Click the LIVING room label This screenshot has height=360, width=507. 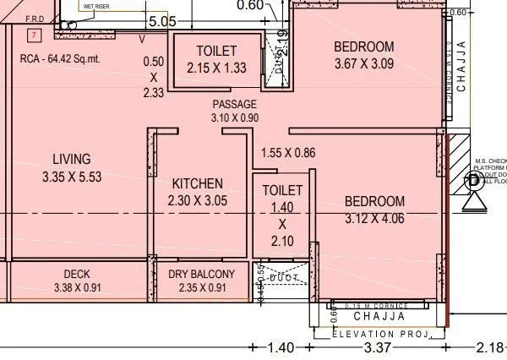pos(72,159)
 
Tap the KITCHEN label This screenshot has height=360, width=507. pos(197,184)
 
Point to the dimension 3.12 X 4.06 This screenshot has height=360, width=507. pos(374,219)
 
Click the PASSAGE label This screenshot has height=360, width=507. pos(234,104)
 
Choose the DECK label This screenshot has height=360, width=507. pos(77,275)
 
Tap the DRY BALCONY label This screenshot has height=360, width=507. pos(197,275)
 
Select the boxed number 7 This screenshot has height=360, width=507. pos(33,35)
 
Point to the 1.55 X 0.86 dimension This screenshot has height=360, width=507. pos(288,153)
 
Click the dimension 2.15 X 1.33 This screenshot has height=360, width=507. pos(216,68)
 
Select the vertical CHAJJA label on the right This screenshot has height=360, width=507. pos(461,64)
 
